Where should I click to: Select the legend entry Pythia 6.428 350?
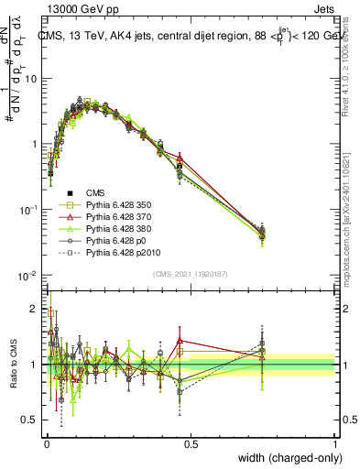tap(114, 204)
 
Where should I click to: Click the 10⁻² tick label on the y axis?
tap(28, 276)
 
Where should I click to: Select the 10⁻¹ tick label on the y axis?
tap(28, 210)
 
